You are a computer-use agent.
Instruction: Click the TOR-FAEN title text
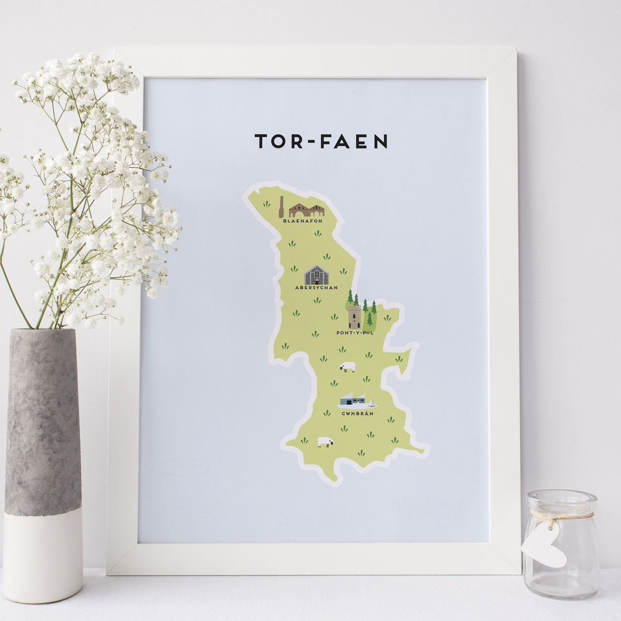click(x=321, y=142)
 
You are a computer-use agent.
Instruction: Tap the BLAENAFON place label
click(x=303, y=221)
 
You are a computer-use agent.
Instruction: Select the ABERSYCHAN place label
click(x=316, y=287)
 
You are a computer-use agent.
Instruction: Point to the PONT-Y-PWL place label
click(x=354, y=333)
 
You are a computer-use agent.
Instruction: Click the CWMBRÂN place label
click(x=357, y=413)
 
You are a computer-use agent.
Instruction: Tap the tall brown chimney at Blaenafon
click(x=281, y=207)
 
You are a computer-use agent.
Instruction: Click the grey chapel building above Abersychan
click(x=316, y=275)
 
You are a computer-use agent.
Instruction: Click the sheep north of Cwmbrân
click(x=347, y=367)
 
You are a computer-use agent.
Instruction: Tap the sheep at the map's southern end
click(x=325, y=442)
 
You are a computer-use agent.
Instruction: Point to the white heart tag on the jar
click(x=544, y=546)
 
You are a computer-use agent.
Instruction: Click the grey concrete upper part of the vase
click(x=43, y=419)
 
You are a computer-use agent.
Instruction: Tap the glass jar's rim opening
click(x=561, y=496)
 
